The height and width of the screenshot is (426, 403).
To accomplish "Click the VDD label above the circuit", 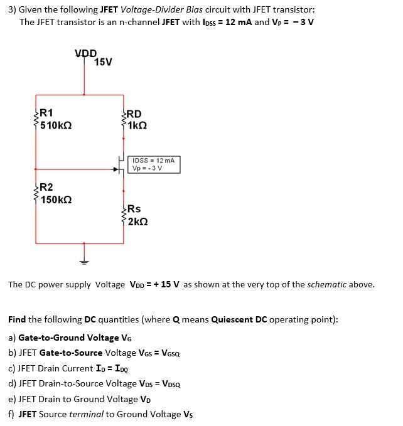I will (x=85, y=53).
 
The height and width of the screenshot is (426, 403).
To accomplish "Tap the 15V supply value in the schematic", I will (x=103, y=61).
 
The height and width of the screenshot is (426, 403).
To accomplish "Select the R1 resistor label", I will (x=46, y=113).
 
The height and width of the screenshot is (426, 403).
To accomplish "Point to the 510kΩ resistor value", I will (x=56, y=125).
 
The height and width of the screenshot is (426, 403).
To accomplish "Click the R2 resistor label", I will (x=46, y=187).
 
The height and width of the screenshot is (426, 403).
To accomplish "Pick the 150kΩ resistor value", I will (x=56, y=200).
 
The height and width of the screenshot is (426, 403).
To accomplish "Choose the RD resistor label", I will (x=134, y=114).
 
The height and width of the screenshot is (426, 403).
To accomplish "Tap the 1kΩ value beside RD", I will (x=136, y=125).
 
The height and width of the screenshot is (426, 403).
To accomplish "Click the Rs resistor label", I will (x=134, y=209).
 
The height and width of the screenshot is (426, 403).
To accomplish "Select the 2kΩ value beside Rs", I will (x=136, y=221).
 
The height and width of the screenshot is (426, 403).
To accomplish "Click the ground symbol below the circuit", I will (x=83, y=260).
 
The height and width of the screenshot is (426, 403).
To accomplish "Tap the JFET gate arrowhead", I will (x=116, y=169).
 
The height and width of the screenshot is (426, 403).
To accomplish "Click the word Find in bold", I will (x=17, y=319).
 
